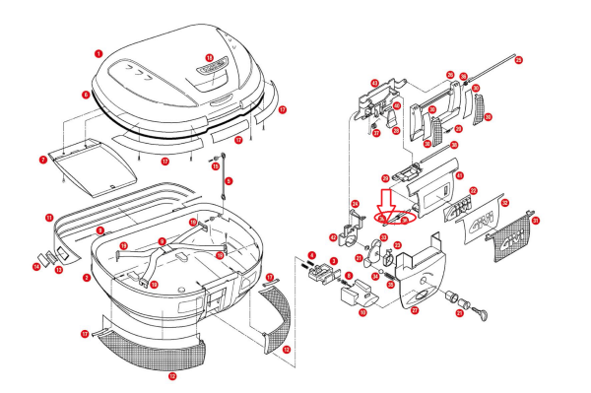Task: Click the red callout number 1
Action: tap(98, 52)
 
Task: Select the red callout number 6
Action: tap(86, 96)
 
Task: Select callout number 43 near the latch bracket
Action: tap(374, 84)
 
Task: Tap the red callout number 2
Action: tap(87, 278)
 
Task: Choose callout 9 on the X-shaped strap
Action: tap(162, 241)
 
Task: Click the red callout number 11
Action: tap(49, 217)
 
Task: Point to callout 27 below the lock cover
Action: tap(415, 311)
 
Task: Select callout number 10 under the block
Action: tap(362, 312)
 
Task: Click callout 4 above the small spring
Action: tap(311, 254)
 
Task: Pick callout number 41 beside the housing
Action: tap(459, 175)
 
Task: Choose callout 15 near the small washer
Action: tap(216, 167)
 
